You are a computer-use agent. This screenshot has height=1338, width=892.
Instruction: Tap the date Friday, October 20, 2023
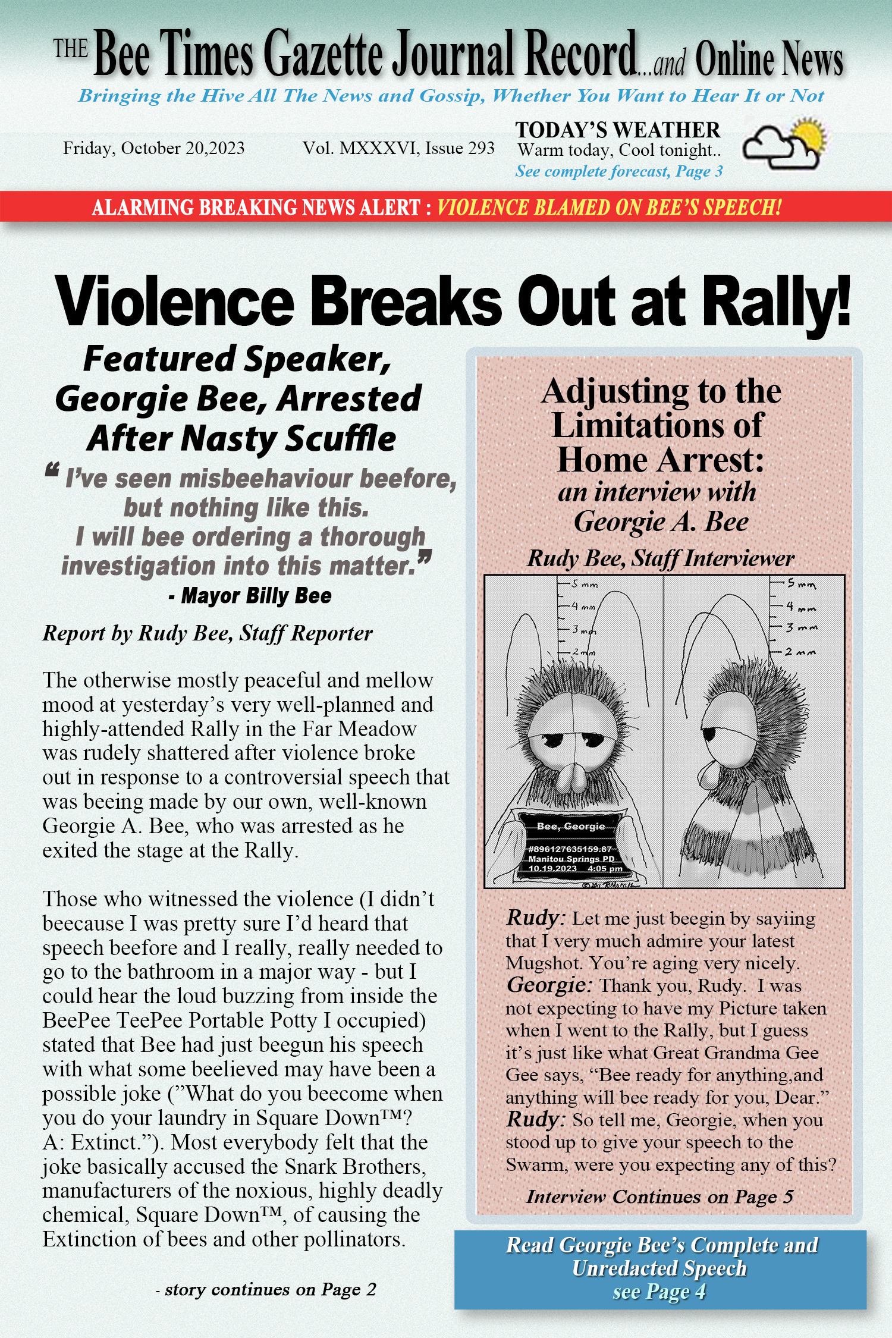click(153, 148)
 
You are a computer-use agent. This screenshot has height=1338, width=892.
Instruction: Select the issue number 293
click(480, 148)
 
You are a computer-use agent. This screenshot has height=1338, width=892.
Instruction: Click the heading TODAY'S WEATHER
click(617, 130)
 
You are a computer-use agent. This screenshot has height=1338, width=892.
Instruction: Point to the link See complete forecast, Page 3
click(618, 172)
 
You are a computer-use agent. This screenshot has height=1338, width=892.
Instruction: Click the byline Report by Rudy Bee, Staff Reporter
click(208, 633)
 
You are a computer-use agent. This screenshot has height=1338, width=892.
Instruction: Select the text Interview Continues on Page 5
click(659, 1196)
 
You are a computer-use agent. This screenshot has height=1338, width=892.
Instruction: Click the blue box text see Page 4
click(659, 1292)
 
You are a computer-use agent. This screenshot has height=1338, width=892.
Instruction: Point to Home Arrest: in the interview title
click(660, 460)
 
